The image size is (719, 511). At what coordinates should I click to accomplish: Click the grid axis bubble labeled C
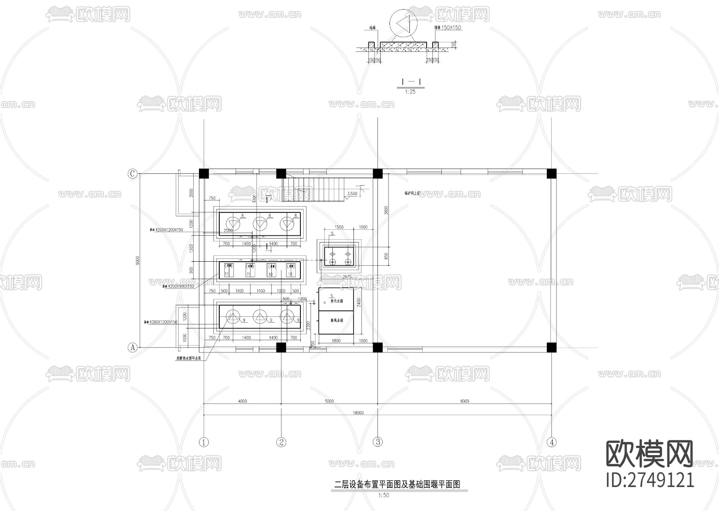pyautogui.click(x=133, y=174)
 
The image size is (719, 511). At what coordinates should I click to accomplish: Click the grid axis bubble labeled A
pyautogui.click(x=133, y=348)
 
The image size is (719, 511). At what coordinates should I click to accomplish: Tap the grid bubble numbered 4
pyautogui.click(x=552, y=442)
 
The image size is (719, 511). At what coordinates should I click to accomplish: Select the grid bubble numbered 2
pyautogui.click(x=281, y=442)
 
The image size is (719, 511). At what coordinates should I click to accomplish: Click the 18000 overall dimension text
pyautogui.click(x=358, y=413)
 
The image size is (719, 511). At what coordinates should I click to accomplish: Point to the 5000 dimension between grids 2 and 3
pyautogui.click(x=329, y=401)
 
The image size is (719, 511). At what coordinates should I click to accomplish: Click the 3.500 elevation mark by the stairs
pyautogui.click(x=352, y=194)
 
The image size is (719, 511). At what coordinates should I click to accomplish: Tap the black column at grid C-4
pyautogui.click(x=552, y=173)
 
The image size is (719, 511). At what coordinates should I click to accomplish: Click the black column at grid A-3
pyautogui.click(x=377, y=347)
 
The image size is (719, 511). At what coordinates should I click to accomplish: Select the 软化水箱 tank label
pyautogui.click(x=337, y=301)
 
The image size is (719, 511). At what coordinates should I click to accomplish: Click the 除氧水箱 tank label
pyautogui.click(x=337, y=320)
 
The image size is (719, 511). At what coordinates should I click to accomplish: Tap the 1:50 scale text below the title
pyautogui.click(x=383, y=495)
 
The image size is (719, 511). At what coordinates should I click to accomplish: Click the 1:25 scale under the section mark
pyautogui.click(x=410, y=92)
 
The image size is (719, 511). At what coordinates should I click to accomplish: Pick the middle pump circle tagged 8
pyautogui.click(x=260, y=224)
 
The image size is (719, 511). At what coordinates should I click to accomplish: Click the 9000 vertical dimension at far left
pyautogui.click(x=137, y=260)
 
